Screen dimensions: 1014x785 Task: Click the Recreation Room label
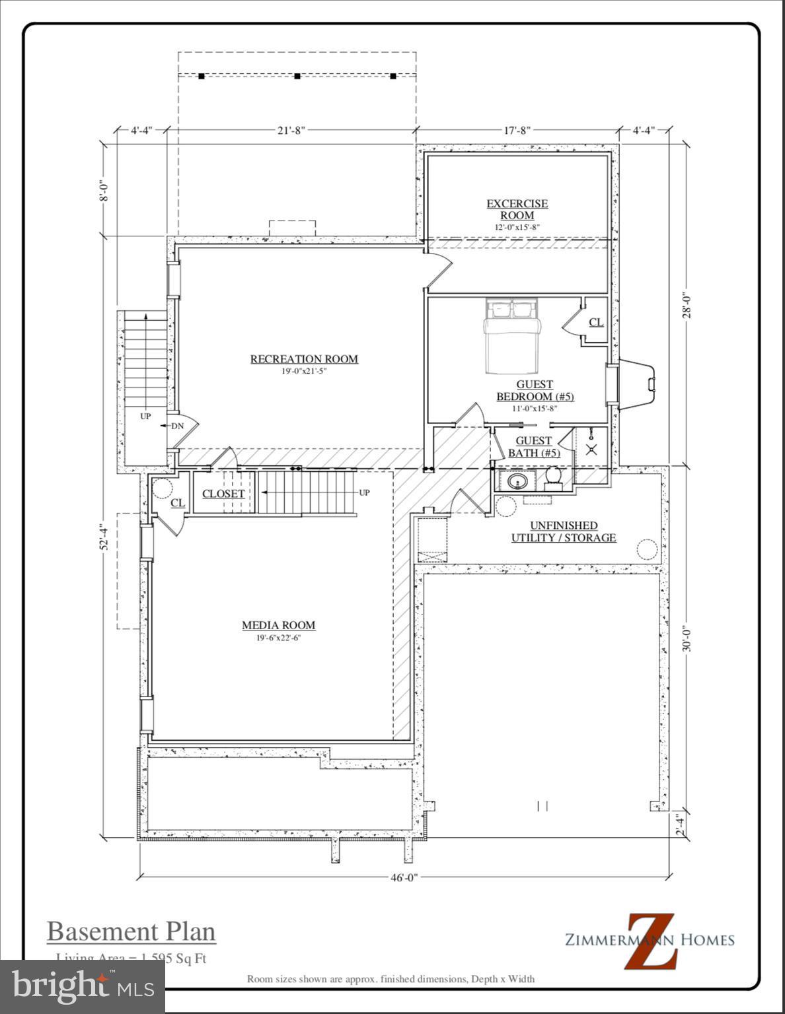[x=304, y=359]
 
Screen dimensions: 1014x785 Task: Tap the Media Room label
[x=278, y=625]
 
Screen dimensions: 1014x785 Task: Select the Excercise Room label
[x=517, y=209]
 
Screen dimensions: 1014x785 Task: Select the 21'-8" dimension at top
[x=291, y=130]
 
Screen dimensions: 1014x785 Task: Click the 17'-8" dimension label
[x=517, y=130]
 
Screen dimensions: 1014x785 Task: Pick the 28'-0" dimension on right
[x=687, y=306]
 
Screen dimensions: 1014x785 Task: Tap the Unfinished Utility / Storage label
[x=563, y=531]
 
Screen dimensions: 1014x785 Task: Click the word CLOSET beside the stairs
[x=223, y=494]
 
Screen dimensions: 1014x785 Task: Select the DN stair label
[x=177, y=426]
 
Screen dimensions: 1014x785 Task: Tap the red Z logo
[x=652, y=941]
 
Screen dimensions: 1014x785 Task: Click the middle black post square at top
[x=297, y=77]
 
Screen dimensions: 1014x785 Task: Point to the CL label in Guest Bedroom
[x=595, y=322]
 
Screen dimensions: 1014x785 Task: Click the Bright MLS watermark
[x=83, y=986]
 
